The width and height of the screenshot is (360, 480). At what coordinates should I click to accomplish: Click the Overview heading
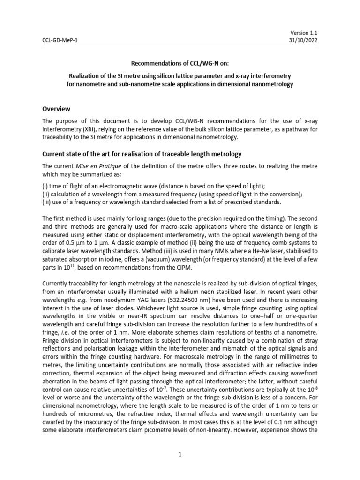pos(58,108)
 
